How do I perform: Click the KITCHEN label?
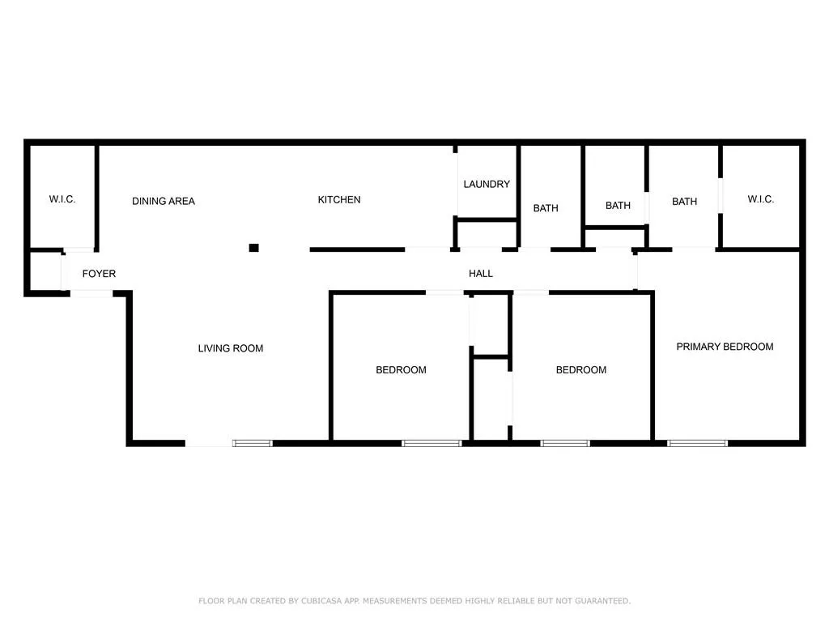point(338,200)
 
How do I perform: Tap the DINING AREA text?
point(164,201)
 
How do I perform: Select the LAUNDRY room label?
point(487,184)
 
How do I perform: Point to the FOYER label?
point(99,274)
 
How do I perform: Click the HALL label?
point(481,274)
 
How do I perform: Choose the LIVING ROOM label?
point(231,348)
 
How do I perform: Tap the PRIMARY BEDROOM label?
point(725,347)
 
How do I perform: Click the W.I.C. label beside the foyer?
point(62,199)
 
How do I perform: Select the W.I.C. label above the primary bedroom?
point(760,199)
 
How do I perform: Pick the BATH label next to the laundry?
point(546,208)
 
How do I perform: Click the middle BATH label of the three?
point(618,206)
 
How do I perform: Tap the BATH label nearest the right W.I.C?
point(684,202)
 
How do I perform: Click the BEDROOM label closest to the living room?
point(401,370)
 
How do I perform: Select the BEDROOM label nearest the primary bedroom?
point(580,370)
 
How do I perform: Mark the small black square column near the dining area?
point(253,248)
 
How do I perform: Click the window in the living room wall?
point(253,443)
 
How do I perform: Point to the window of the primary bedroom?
point(697,443)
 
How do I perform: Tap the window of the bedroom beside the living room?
point(432,443)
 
